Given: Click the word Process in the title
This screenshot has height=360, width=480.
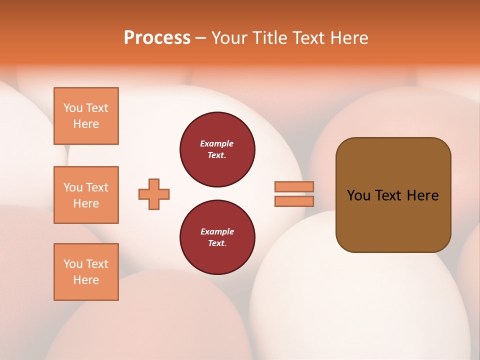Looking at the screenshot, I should coord(157,38).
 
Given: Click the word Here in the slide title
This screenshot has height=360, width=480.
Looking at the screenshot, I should coord(348,38).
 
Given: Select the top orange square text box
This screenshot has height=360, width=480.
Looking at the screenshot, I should coord(86,116).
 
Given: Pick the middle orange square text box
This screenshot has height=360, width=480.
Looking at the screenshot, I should coord(86,195).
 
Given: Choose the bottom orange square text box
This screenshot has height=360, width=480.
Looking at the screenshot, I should coord(86,272).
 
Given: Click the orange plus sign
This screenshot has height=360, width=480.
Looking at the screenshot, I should coord(154,194).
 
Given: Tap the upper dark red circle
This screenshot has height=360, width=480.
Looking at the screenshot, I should coord(217,149).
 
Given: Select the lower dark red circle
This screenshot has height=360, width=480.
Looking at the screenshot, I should coord(217,237).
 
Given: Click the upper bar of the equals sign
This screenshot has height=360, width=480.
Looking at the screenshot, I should coord(294,186).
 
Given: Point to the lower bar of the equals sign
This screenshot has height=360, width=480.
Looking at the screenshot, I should coord(294,201).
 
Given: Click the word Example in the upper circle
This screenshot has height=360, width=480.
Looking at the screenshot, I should coord(217,143).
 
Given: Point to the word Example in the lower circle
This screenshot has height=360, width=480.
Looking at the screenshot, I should coord(217,231).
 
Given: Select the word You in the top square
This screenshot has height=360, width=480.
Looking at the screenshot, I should coord(73,108).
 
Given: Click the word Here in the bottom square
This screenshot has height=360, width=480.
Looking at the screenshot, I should coord(86,280).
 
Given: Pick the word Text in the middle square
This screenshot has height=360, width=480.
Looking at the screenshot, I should coord(97,187).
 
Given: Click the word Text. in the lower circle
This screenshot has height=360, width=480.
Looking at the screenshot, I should coord(217,243).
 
